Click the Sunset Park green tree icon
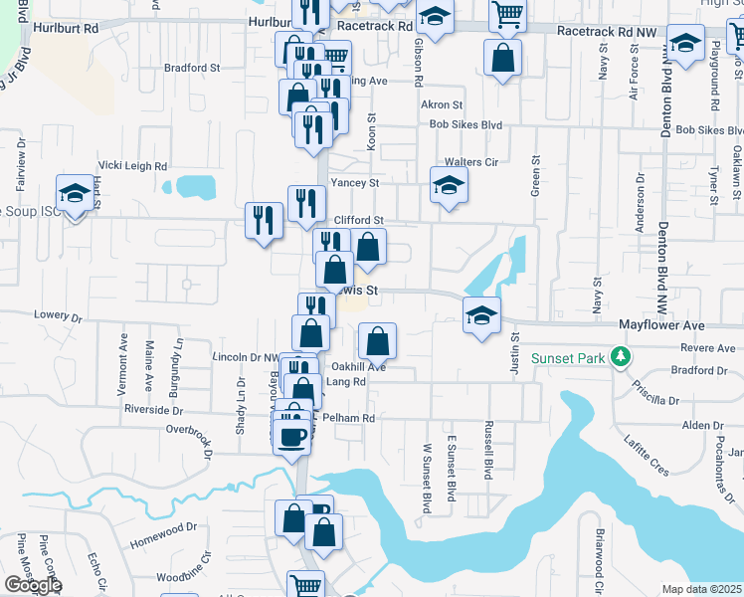pos(621,356)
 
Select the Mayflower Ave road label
pos(661,325)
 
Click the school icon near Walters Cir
pos(449,185)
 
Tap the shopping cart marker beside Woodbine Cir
pos(305,586)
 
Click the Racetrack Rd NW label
pos(607,32)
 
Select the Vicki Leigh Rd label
pos(132,166)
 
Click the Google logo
pos(33,585)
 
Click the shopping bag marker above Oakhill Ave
pos(377,342)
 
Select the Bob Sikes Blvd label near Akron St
pos(465,125)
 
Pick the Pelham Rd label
pos(352,419)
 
